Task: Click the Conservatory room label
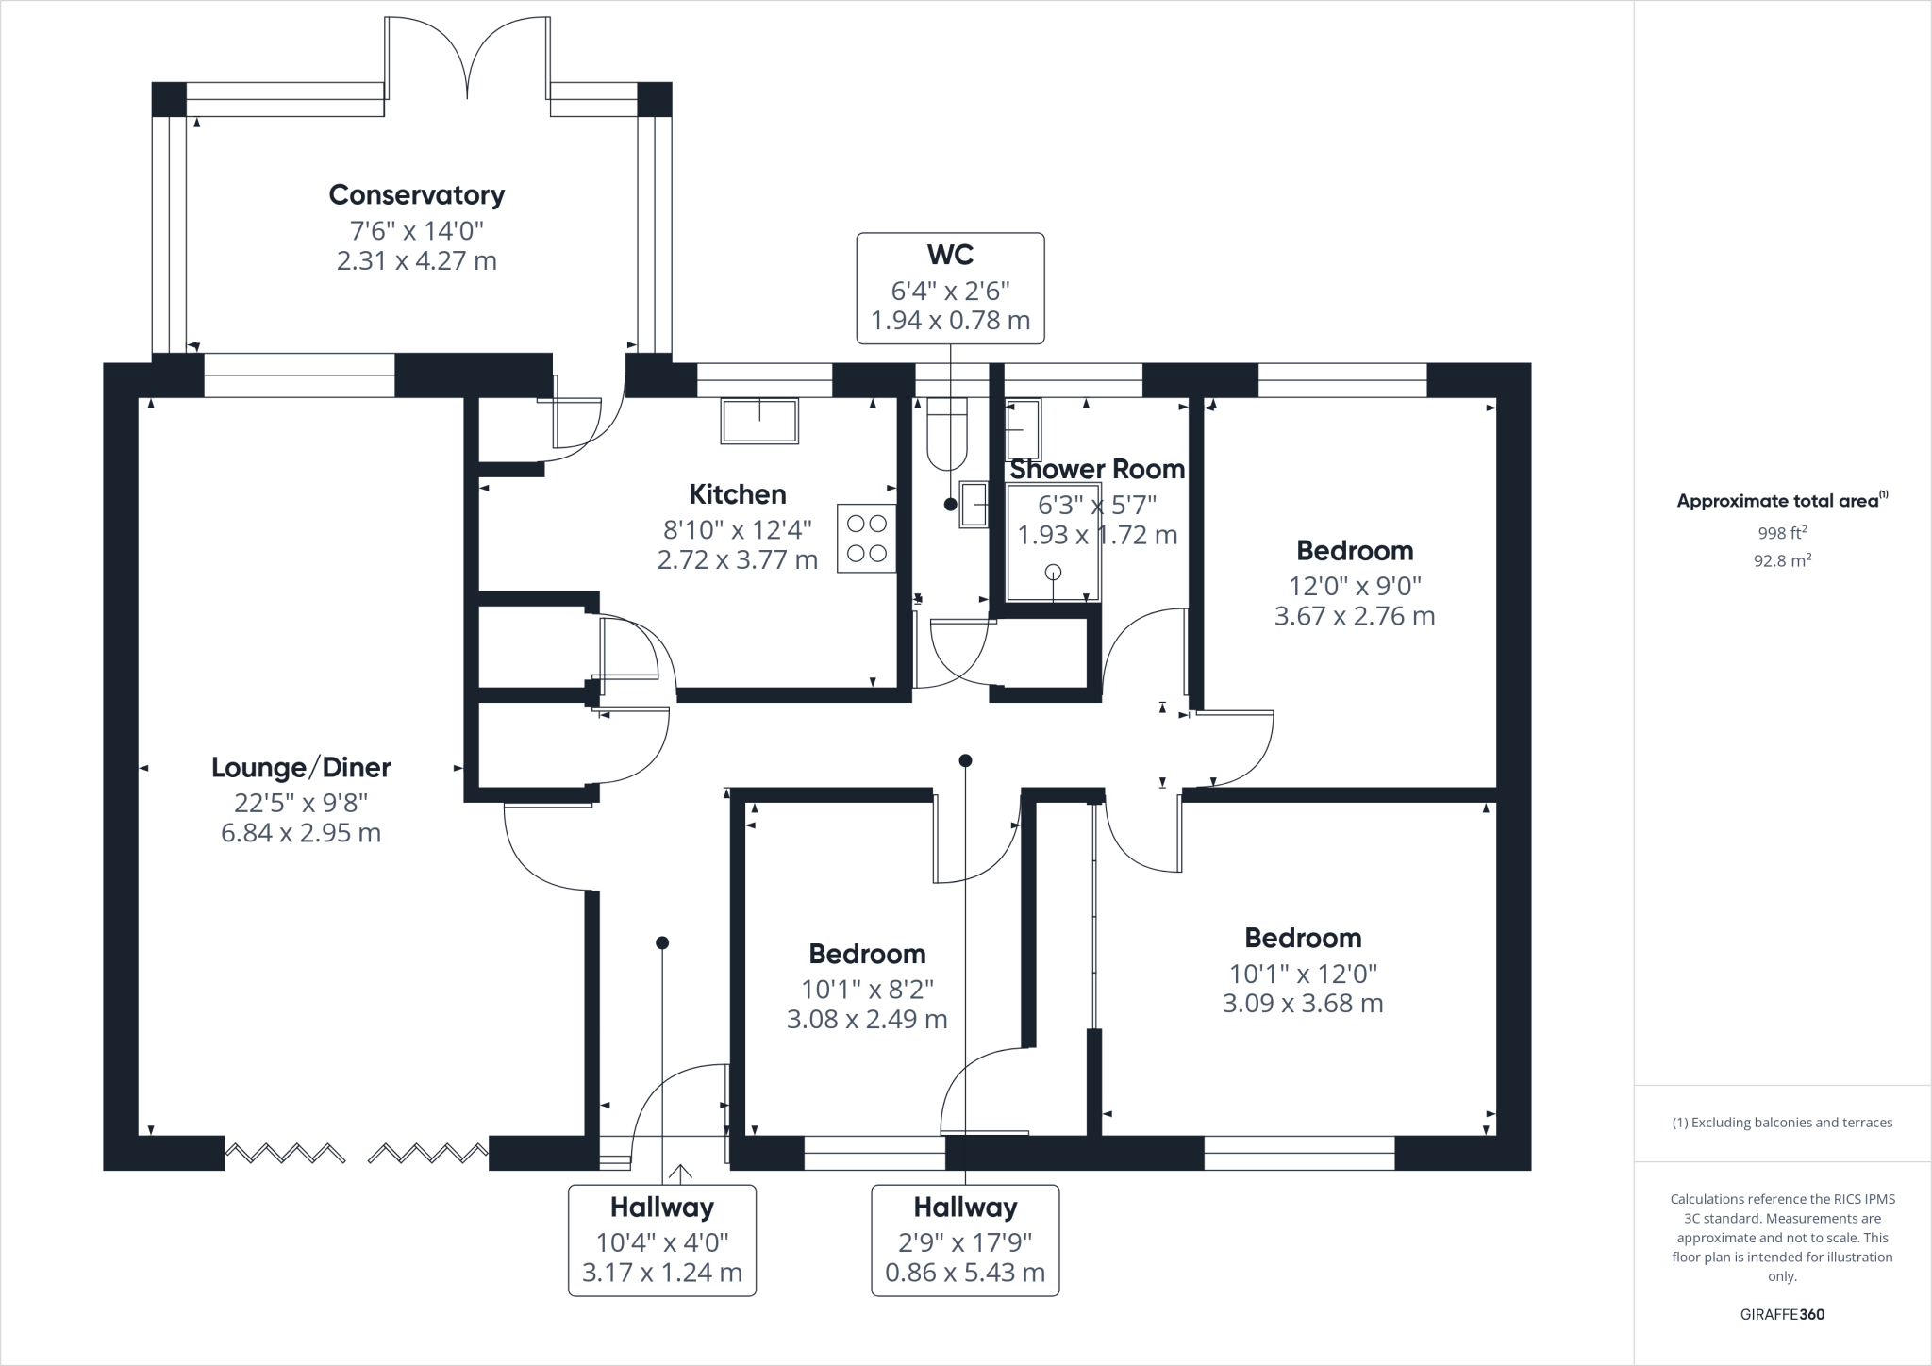coord(416,195)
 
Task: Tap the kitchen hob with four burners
coord(866,538)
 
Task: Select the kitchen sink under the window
coord(759,420)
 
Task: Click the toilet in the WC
coord(947,433)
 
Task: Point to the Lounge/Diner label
coord(301,768)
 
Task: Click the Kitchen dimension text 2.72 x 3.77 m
coord(738,560)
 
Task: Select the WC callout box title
coord(950,255)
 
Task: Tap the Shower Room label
coord(1097,469)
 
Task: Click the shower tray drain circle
coord(1053,572)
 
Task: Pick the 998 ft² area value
coord(1782,533)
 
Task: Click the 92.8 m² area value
coord(1782,560)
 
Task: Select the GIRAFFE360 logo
coord(1782,1314)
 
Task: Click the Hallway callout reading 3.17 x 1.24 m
coord(662,1273)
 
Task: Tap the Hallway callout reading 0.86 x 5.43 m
coord(965,1273)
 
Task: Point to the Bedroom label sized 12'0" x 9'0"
coord(1355,550)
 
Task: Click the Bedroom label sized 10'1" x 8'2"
coord(867,954)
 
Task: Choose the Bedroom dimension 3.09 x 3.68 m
coord(1303,1003)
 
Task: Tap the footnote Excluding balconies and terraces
coord(1782,1123)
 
